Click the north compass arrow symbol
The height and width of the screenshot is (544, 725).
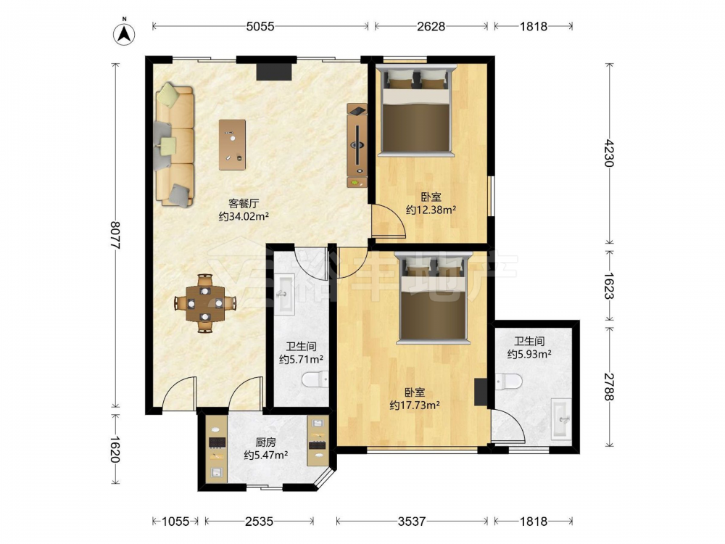tap(124, 34)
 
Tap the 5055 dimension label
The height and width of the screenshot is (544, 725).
tap(260, 26)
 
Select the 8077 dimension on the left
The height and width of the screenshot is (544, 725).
tap(115, 236)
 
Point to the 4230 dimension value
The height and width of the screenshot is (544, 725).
tap(610, 153)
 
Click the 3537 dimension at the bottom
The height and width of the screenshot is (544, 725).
tap(412, 522)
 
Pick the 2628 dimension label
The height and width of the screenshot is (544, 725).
tap(431, 26)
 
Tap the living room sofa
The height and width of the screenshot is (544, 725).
tap(175, 145)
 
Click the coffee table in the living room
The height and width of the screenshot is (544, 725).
tap(232, 145)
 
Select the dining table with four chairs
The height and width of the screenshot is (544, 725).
tap(205, 303)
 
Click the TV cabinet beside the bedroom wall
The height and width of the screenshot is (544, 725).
tap(357, 145)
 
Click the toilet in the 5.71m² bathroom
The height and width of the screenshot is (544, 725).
tap(315, 380)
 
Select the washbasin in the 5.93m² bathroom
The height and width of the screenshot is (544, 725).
tap(561, 419)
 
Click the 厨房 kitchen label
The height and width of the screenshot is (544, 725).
tap(266, 442)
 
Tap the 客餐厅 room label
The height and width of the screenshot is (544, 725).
tap(244, 204)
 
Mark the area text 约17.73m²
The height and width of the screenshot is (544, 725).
tap(414, 405)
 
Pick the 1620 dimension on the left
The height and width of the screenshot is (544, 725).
tap(115, 449)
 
